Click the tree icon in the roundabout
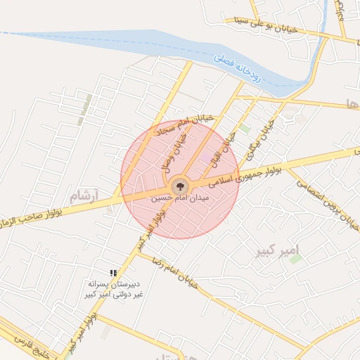[x=180, y=186]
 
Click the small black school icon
[x=112, y=272]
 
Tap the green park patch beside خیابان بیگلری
[x=244, y=129]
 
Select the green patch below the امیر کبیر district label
[x=296, y=259]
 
